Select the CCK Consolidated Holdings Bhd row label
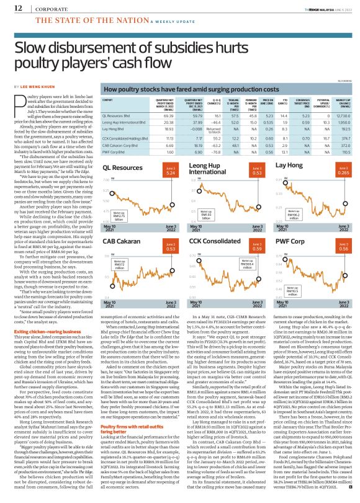coord(127,140)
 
